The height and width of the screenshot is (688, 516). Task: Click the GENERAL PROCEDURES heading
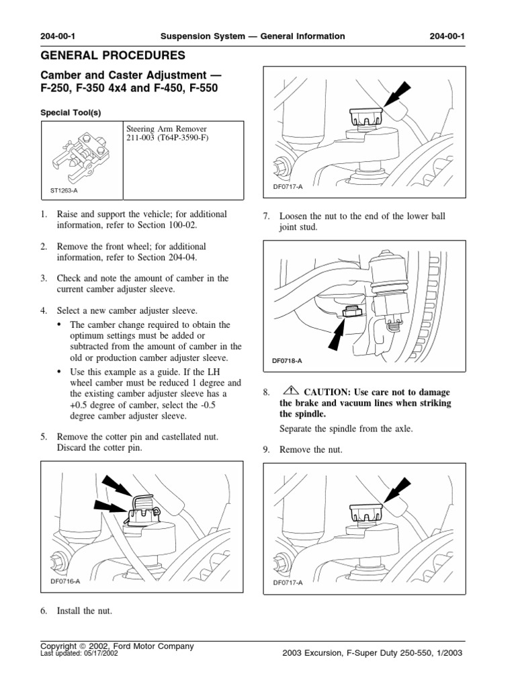[x=114, y=54]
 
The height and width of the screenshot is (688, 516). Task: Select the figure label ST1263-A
[x=64, y=191]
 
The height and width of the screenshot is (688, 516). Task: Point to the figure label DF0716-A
[x=65, y=582]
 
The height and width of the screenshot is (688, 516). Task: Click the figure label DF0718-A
[x=288, y=361]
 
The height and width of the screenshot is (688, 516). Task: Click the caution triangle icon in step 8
[x=290, y=391]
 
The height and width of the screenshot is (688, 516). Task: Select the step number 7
[x=265, y=216]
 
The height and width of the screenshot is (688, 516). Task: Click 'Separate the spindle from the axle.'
[x=347, y=429]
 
